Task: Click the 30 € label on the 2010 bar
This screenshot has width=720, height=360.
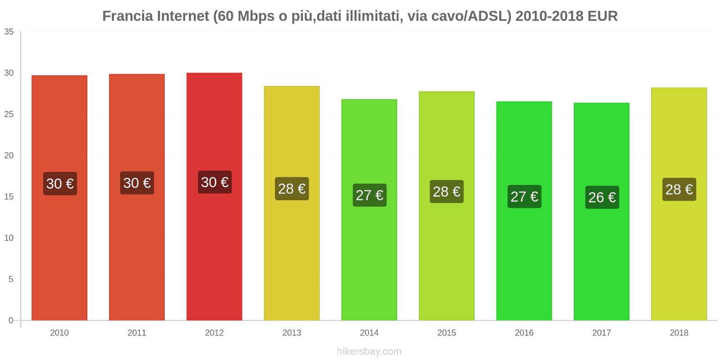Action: pyautogui.click(x=60, y=184)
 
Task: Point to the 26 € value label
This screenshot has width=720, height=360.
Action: pyautogui.click(x=602, y=197)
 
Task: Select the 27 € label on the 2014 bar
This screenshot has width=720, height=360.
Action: pyautogui.click(x=369, y=195)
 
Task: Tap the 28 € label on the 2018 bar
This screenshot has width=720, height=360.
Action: pyautogui.click(x=679, y=189)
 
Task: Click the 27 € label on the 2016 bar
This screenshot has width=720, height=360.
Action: pyautogui.click(x=524, y=197)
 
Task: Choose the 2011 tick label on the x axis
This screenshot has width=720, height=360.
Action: pyautogui.click(x=137, y=333)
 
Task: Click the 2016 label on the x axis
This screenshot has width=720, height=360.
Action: pyautogui.click(x=524, y=333)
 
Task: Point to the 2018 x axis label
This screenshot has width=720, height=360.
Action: pyautogui.click(x=679, y=333)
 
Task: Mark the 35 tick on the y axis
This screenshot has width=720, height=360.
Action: pyautogui.click(x=9, y=32)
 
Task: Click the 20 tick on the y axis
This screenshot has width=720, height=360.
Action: pyautogui.click(x=9, y=156)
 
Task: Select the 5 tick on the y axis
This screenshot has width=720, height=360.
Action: pyautogui.click(x=11, y=279)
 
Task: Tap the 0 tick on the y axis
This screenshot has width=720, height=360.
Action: pyautogui.click(x=11, y=320)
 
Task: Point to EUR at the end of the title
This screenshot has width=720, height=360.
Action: pyautogui.click(x=603, y=16)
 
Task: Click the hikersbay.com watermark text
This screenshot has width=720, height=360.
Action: pyautogui.click(x=369, y=351)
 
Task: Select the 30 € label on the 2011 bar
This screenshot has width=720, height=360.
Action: pyautogui.click(x=137, y=183)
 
